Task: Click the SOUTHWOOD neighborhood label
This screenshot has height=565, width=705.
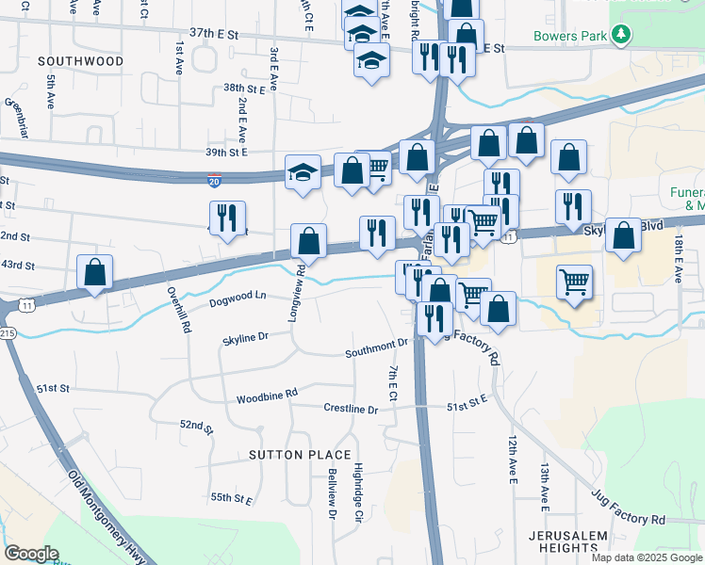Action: (x=81, y=61)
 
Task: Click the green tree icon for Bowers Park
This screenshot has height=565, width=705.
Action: (x=620, y=36)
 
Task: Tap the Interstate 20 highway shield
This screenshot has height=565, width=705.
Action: (x=216, y=178)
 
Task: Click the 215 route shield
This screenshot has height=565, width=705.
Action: (x=8, y=332)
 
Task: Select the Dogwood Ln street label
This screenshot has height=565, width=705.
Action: (x=238, y=296)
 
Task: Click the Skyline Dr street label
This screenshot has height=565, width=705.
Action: (x=246, y=336)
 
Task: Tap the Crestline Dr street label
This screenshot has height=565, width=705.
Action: (x=351, y=410)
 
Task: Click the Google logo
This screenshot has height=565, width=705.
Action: (x=32, y=554)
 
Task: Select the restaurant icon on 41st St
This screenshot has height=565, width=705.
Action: (x=227, y=218)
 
